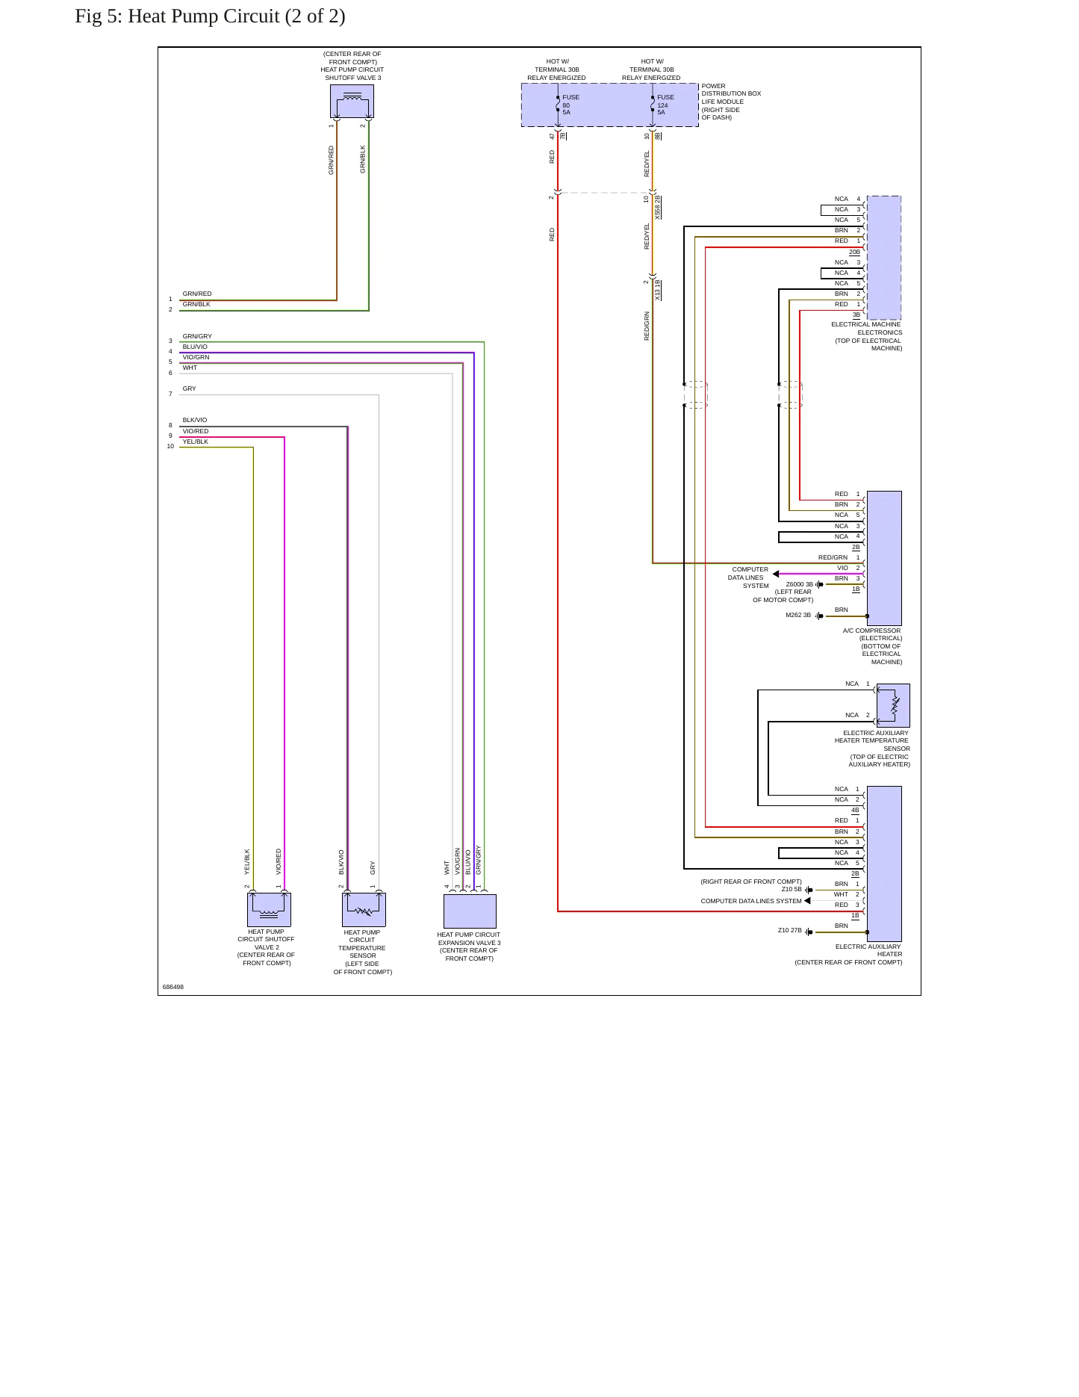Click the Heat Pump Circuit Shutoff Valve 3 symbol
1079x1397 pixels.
(352, 101)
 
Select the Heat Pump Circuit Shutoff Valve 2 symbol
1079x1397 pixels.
(269, 909)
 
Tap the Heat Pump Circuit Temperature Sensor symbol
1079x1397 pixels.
(364, 909)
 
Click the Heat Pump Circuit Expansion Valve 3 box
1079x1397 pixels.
(470, 911)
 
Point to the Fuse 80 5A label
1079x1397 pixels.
(570, 105)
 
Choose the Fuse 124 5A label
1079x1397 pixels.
(665, 105)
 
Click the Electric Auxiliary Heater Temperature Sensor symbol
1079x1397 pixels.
(893, 705)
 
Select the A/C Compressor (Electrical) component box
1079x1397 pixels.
(884, 558)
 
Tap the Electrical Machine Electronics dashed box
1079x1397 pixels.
(884, 258)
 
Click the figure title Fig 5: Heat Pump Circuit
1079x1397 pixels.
(210, 16)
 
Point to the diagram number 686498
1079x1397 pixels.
(173, 987)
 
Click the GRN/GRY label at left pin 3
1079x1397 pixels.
(197, 336)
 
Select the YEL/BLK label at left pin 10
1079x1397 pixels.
(196, 442)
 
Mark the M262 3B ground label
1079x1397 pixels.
(798, 615)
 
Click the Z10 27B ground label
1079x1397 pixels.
(790, 930)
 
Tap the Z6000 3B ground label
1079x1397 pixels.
(800, 584)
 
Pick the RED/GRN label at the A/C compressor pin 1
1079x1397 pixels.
(833, 557)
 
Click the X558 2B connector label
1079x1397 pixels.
(658, 207)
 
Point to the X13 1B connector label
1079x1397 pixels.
(658, 290)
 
